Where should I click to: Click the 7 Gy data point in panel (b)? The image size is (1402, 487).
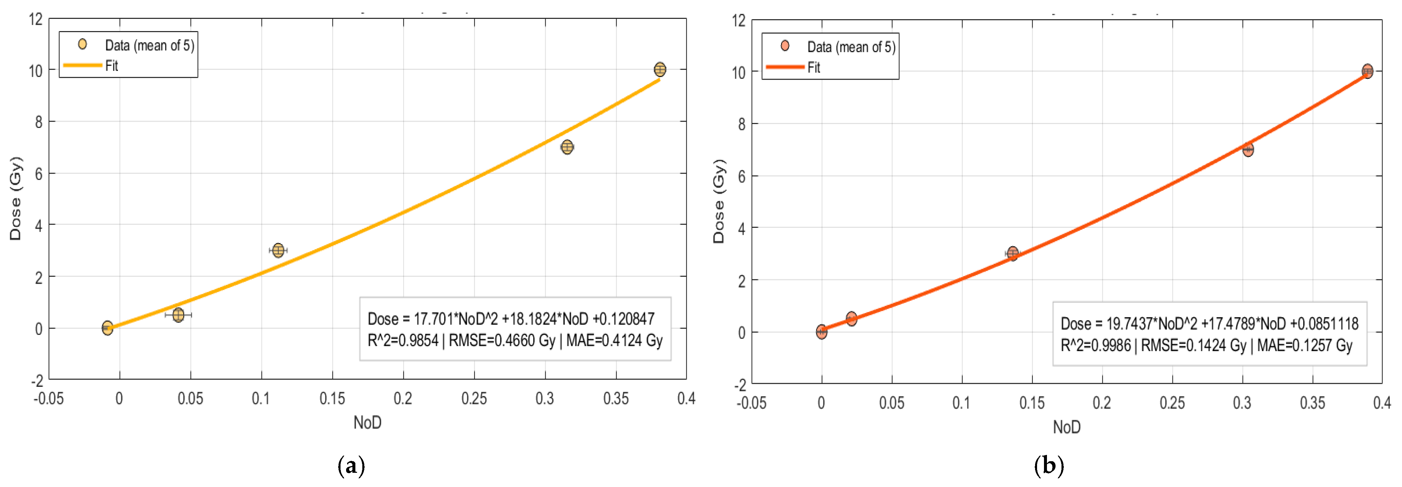coord(1248,149)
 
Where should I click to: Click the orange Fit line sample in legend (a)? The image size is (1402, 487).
coord(83,65)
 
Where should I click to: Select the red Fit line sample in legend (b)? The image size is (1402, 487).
coord(785,67)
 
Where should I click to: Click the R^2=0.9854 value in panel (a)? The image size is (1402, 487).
coord(403,341)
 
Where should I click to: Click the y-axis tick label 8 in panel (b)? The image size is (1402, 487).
coord(741,124)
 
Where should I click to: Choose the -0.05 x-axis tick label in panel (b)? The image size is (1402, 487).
coord(752,403)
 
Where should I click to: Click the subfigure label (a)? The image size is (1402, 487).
coord(351,466)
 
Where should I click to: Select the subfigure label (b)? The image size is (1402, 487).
coord(1048,466)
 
